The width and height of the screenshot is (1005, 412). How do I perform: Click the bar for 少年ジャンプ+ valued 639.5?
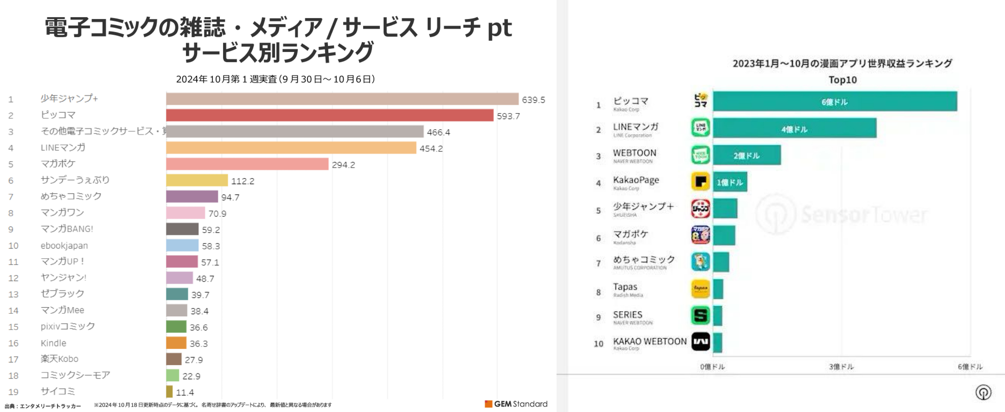(342, 99)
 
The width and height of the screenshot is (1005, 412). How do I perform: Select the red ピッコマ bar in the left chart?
(330, 115)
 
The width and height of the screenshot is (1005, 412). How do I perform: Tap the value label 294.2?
(343, 165)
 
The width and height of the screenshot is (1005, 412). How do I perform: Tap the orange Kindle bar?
(176, 343)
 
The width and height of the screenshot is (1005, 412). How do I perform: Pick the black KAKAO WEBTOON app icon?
(700, 342)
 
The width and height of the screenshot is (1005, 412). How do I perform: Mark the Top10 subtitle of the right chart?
(842, 80)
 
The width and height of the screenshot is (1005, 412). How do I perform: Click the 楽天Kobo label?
(59, 359)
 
